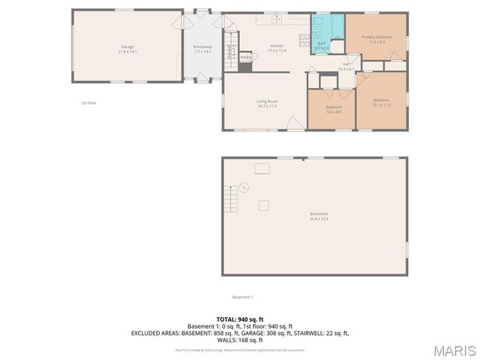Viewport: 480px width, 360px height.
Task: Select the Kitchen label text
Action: (277, 48)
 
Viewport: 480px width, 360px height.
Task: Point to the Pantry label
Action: (245, 57)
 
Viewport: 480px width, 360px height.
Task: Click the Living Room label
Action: (267, 103)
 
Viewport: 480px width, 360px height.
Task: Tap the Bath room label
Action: (321, 46)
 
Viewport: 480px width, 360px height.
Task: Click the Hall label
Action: (346, 67)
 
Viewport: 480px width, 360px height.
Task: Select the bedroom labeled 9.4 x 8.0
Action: (334, 109)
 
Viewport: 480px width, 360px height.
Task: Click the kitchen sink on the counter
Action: (275, 19)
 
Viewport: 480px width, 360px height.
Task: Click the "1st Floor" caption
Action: (89, 103)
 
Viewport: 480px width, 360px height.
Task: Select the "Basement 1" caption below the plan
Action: (242, 297)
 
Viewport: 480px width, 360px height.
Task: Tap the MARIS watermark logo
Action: (454, 350)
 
